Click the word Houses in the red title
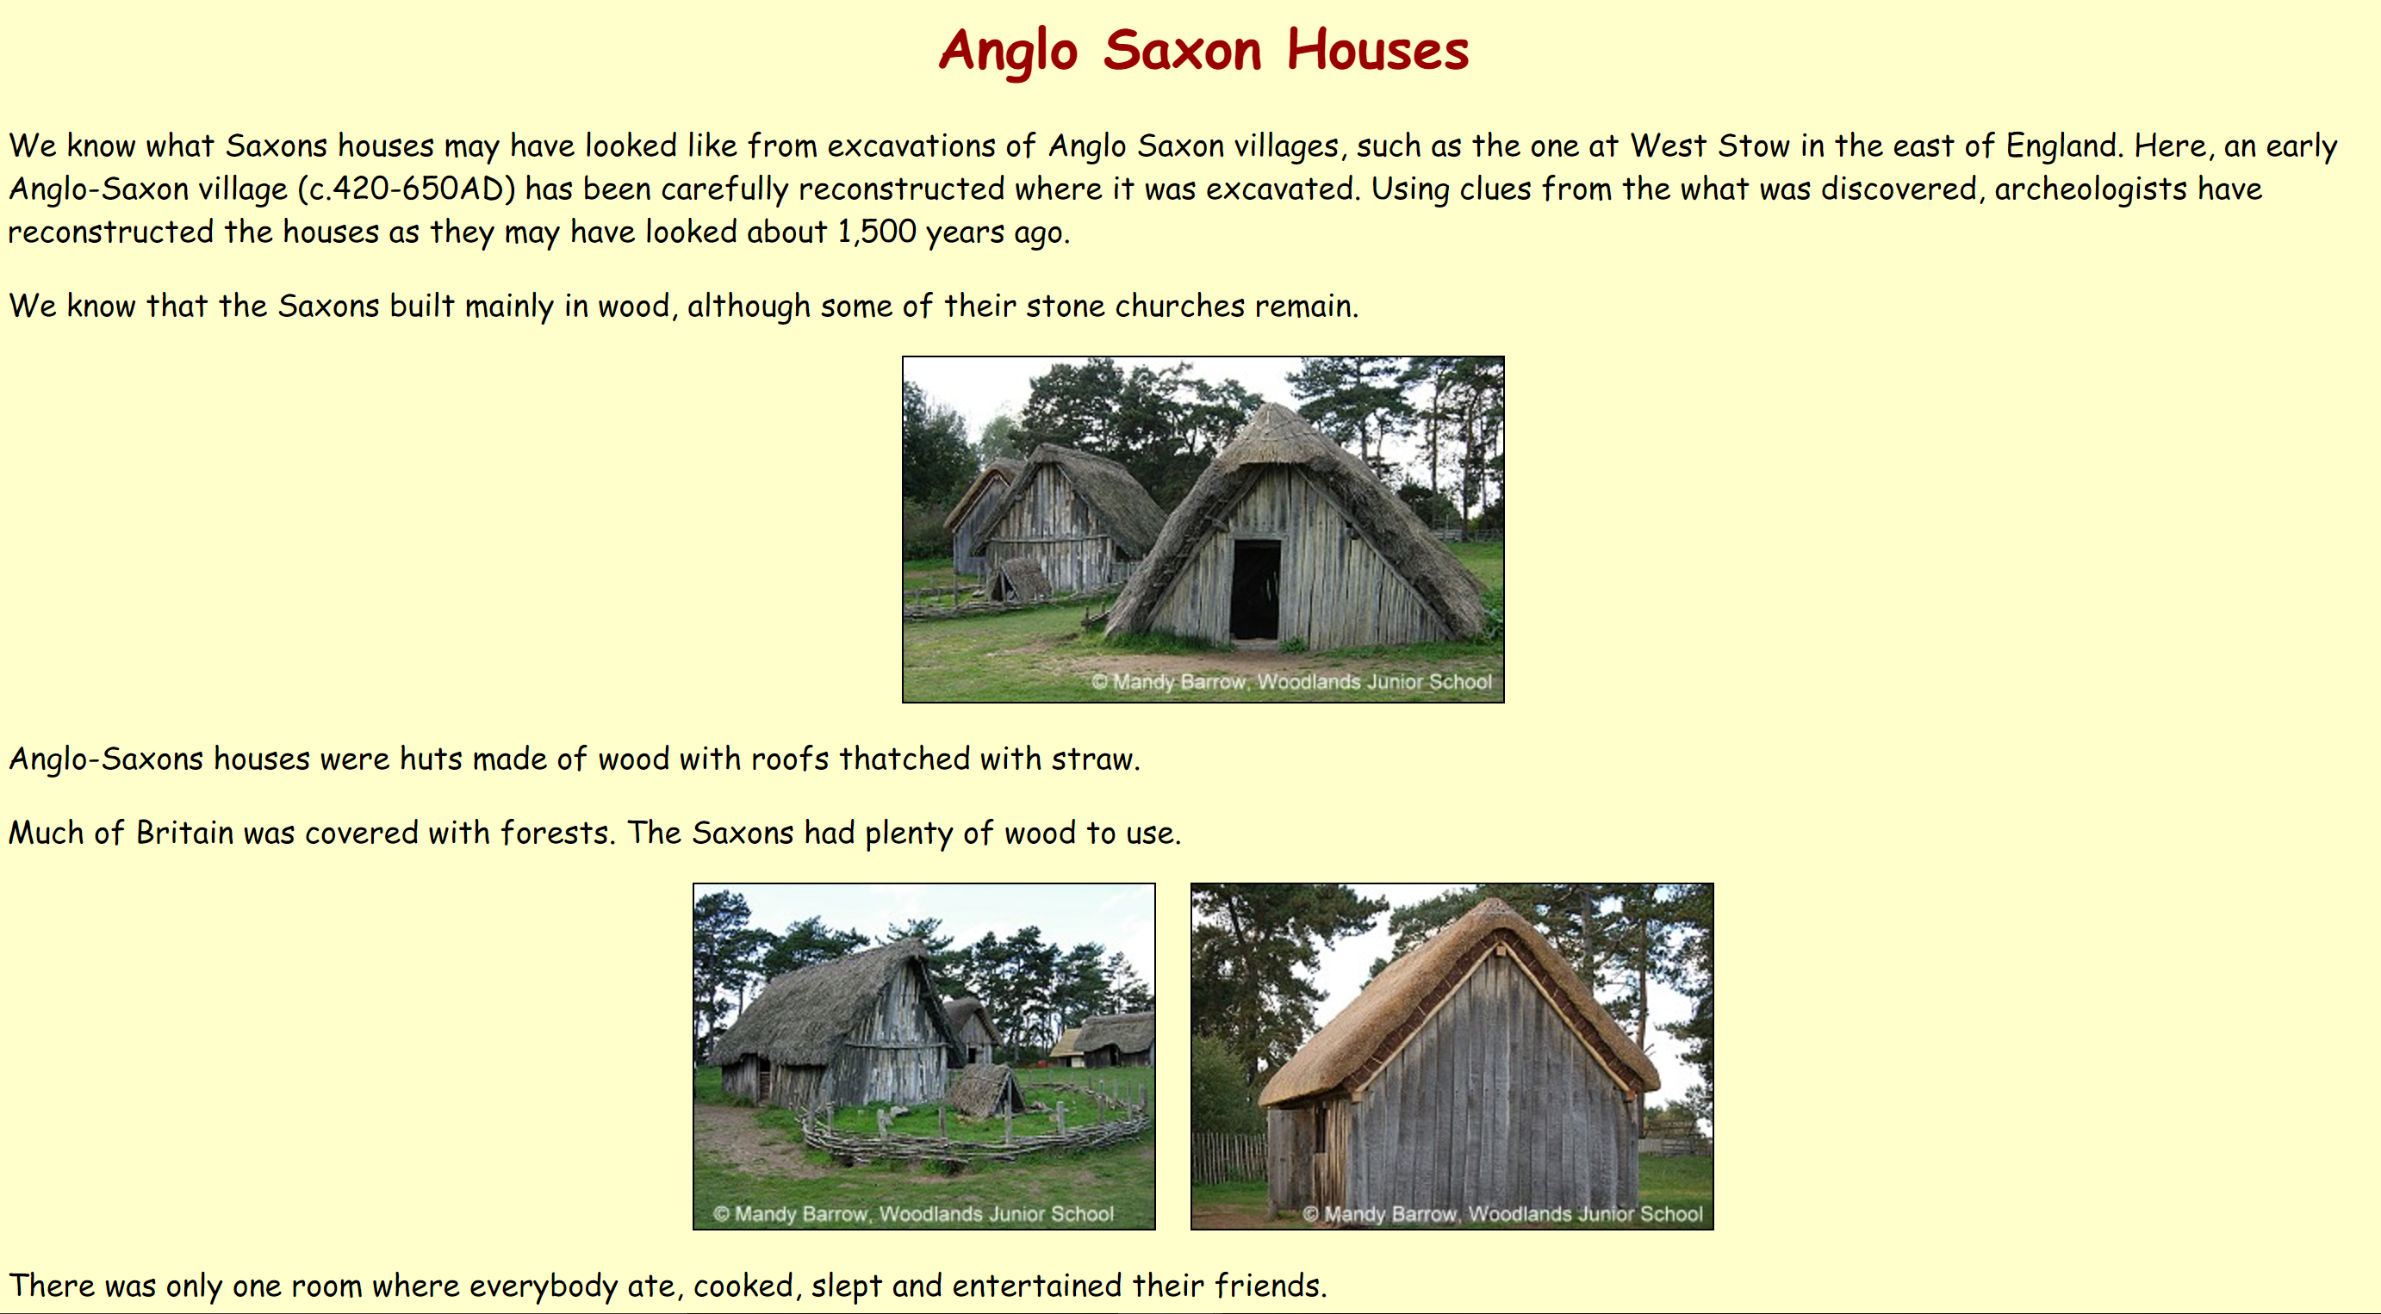[1377, 50]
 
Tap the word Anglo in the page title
[1009, 50]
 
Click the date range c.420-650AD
[406, 189]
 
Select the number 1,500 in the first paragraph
[876, 232]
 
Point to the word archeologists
[2090, 189]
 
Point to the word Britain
[185, 834]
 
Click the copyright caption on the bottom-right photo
[1502, 1213]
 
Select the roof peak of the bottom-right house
[1497, 910]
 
